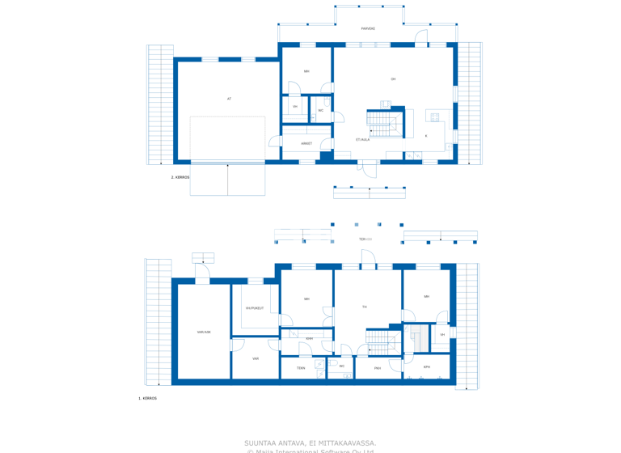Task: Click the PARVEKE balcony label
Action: click(x=368, y=28)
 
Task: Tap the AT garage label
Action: click(x=229, y=99)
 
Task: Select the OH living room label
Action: click(x=393, y=79)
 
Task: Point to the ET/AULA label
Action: click(x=363, y=139)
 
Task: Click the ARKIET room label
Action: click(x=306, y=143)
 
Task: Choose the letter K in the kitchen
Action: click(x=426, y=136)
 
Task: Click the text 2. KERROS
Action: click(x=180, y=177)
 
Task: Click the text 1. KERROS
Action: click(x=147, y=398)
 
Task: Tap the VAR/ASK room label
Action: click(x=204, y=332)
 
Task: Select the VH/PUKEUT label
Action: click(x=255, y=308)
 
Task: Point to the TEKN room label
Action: click(x=301, y=368)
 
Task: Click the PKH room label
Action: click(x=378, y=368)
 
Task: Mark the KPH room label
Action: click(x=427, y=366)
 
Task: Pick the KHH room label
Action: click(x=309, y=338)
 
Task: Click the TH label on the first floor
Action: click(x=365, y=307)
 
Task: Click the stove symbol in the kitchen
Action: click(x=435, y=117)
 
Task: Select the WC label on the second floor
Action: click(x=321, y=110)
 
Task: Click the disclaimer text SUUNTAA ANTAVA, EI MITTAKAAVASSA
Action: click(x=310, y=442)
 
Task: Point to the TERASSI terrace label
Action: click(x=366, y=239)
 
